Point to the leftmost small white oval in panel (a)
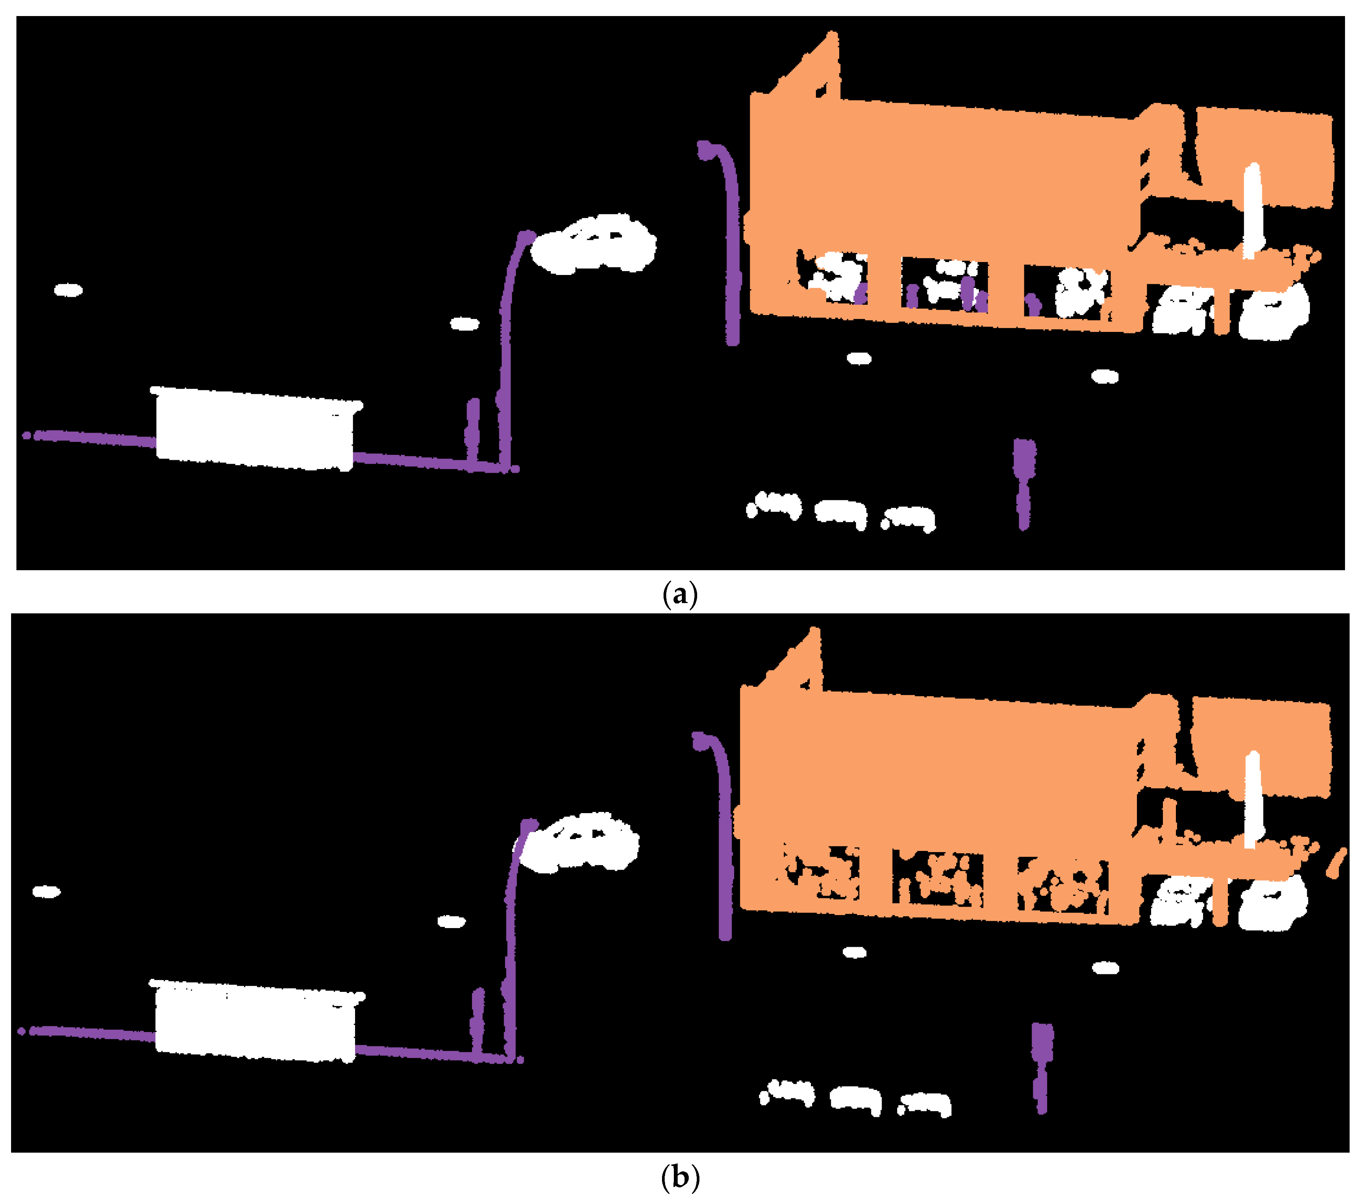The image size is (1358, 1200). point(68,290)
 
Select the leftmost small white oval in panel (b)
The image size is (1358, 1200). point(47,892)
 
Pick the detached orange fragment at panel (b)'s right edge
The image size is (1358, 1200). point(1337,864)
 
